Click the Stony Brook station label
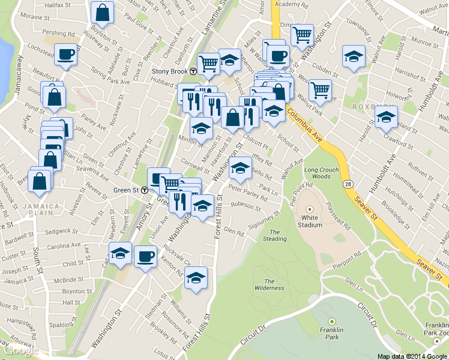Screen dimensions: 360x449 [x=170, y=71]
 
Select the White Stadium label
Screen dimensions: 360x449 [x=310, y=221]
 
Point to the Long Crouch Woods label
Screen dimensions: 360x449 [x=318, y=173]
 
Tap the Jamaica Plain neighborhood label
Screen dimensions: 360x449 [x=41, y=209]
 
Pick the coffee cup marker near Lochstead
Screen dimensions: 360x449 [x=65, y=55]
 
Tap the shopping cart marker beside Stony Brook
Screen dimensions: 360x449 [x=208, y=62]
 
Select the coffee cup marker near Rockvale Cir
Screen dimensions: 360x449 [x=145, y=256]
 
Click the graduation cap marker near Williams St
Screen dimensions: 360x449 [x=196, y=277]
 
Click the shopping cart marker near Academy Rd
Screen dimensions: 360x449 [x=303, y=34]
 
